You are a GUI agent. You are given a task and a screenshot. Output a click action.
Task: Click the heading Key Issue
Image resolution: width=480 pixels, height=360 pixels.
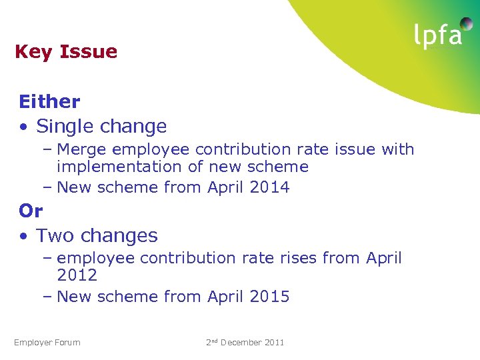click(66, 52)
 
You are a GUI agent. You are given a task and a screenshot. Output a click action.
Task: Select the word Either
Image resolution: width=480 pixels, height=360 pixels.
click(49, 102)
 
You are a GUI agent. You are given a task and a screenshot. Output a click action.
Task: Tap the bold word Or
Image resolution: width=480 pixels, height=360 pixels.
click(31, 211)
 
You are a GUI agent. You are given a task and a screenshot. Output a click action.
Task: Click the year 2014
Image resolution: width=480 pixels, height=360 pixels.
click(269, 188)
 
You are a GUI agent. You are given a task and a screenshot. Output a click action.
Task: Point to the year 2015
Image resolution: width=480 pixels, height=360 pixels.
click(269, 297)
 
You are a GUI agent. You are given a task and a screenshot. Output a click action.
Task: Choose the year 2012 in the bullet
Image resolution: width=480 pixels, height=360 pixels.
click(77, 275)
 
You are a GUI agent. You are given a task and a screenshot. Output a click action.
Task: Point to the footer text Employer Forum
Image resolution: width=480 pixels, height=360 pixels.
click(47, 343)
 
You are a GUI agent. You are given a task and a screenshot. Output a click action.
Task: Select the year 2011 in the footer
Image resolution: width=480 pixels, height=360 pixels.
click(275, 343)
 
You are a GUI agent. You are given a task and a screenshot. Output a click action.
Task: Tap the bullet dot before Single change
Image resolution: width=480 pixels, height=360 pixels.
click(24, 127)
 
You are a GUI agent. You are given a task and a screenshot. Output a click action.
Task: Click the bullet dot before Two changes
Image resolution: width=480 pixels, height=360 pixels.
click(24, 236)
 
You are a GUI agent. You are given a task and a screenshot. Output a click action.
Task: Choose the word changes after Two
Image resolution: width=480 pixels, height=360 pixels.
click(117, 236)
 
